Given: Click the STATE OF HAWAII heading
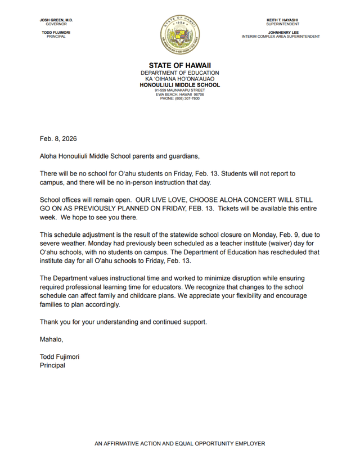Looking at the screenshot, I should [180, 66].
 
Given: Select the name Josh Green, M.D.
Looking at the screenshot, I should [56, 20].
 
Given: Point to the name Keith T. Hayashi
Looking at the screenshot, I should [282, 20].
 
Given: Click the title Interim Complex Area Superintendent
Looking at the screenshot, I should [281, 37].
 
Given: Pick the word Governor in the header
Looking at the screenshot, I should [56, 25].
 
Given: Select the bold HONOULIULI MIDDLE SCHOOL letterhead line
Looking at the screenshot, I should [180, 85].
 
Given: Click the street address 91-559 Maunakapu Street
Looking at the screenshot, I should [180, 90].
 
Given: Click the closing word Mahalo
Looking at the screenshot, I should [51, 339].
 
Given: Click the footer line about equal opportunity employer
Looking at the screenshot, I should [180, 443].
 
